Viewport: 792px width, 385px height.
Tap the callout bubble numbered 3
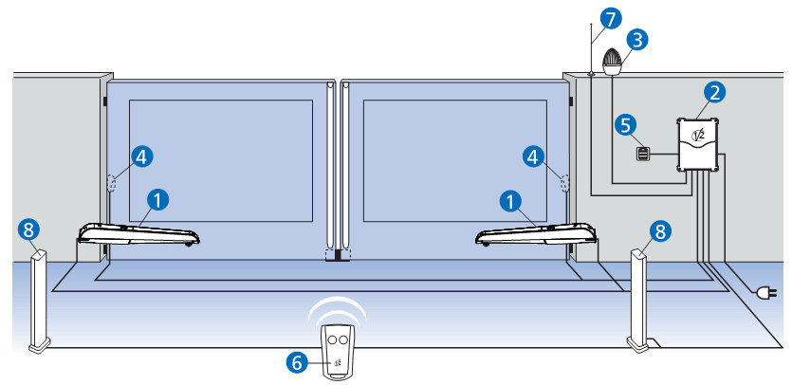[638, 39]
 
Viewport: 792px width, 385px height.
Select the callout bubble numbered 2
[716, 92]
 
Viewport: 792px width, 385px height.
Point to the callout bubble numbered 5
[623, 124]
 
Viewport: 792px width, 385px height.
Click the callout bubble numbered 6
[297, 361]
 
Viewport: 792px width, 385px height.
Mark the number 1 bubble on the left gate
[159, 199]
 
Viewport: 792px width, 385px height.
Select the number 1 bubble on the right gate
[512, 199]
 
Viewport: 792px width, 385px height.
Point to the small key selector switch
[644, 154]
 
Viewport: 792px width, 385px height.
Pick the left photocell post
[40, 300]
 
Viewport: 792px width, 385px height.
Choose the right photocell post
[639, 300]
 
